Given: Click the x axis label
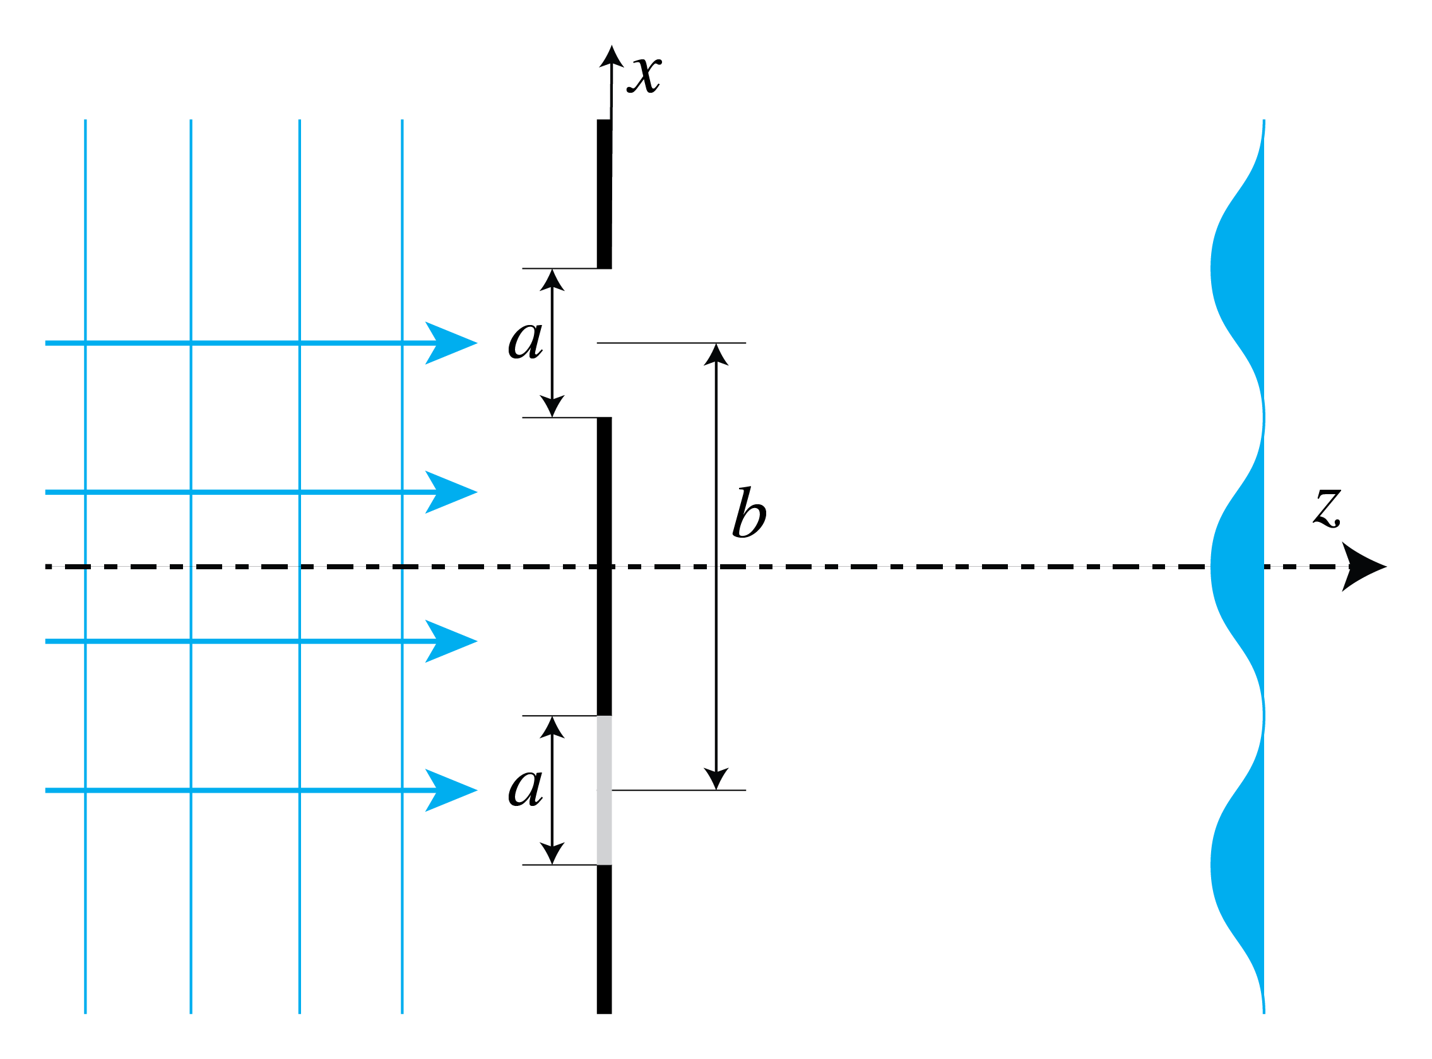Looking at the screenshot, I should pyautogui.click(x=644, y=76).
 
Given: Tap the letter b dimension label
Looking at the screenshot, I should pyautogui.click(x=748, y=514).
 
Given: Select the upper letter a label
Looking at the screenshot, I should pyautogui.click(x=526, y=339).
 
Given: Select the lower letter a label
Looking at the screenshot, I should pyautogui.click(x=526, y=786).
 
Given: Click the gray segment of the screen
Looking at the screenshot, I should pyautogui.click(x=604, y=790).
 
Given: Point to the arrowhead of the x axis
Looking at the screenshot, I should pyautogui.click(x=612, y=56).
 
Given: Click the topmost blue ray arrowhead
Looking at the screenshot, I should pyautogui.click(x=452, y=343).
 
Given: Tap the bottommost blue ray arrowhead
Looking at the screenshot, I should pyautogui.click(x=452, y=790).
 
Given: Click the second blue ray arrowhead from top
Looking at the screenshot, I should pyautogui.click(x=452, y=492).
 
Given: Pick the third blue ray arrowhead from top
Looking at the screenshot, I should pyautogui.click(x=452, y=641).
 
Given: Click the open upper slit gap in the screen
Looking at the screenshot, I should pyautogui.click(x=604, y=343).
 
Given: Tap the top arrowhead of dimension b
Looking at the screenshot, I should pyautogui.click(x=716, y=354).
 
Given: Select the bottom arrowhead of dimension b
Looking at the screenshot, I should pyautogui.click(x=716, y=779).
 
